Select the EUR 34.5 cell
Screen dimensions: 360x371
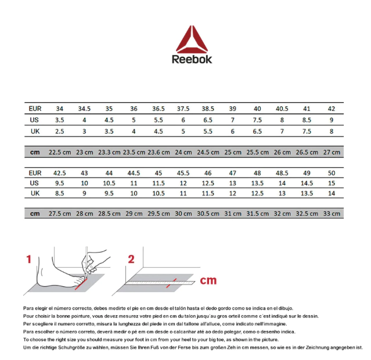(84, 109)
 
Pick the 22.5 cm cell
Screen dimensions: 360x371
(59, 152)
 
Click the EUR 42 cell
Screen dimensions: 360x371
(332, 109)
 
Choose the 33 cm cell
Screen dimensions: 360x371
(332, 214)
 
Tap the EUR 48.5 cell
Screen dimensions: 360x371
(282, 173)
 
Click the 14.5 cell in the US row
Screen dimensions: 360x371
(307, 183)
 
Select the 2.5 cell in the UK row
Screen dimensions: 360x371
(59, 131)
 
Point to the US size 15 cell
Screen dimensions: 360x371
(332, 183)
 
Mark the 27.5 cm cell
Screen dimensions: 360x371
(59, 214)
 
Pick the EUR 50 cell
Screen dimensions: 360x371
(332, 173)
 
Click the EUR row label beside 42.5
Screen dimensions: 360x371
(35, 173)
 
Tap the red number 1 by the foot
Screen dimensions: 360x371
(28, 260)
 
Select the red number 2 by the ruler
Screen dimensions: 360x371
(131, 260)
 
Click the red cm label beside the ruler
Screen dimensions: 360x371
(208, 280)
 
